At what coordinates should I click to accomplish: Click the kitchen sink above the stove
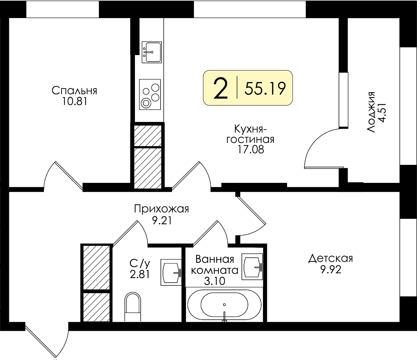151,52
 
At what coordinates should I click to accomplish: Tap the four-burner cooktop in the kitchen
150,94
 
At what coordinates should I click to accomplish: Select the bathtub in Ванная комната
225,305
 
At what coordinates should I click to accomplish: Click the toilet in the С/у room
133,307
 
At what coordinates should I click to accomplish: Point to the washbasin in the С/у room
171,272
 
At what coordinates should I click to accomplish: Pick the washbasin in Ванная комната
252,266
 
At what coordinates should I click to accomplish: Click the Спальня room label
74,91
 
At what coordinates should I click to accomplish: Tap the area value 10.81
75,102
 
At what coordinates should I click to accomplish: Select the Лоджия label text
371,112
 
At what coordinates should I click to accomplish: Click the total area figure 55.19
265,88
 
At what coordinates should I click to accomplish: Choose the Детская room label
331,258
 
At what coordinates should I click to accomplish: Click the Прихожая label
162,209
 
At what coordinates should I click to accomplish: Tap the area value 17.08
250,150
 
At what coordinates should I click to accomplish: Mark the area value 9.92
331,270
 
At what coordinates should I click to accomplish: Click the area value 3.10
215,281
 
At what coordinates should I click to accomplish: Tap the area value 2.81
140,274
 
